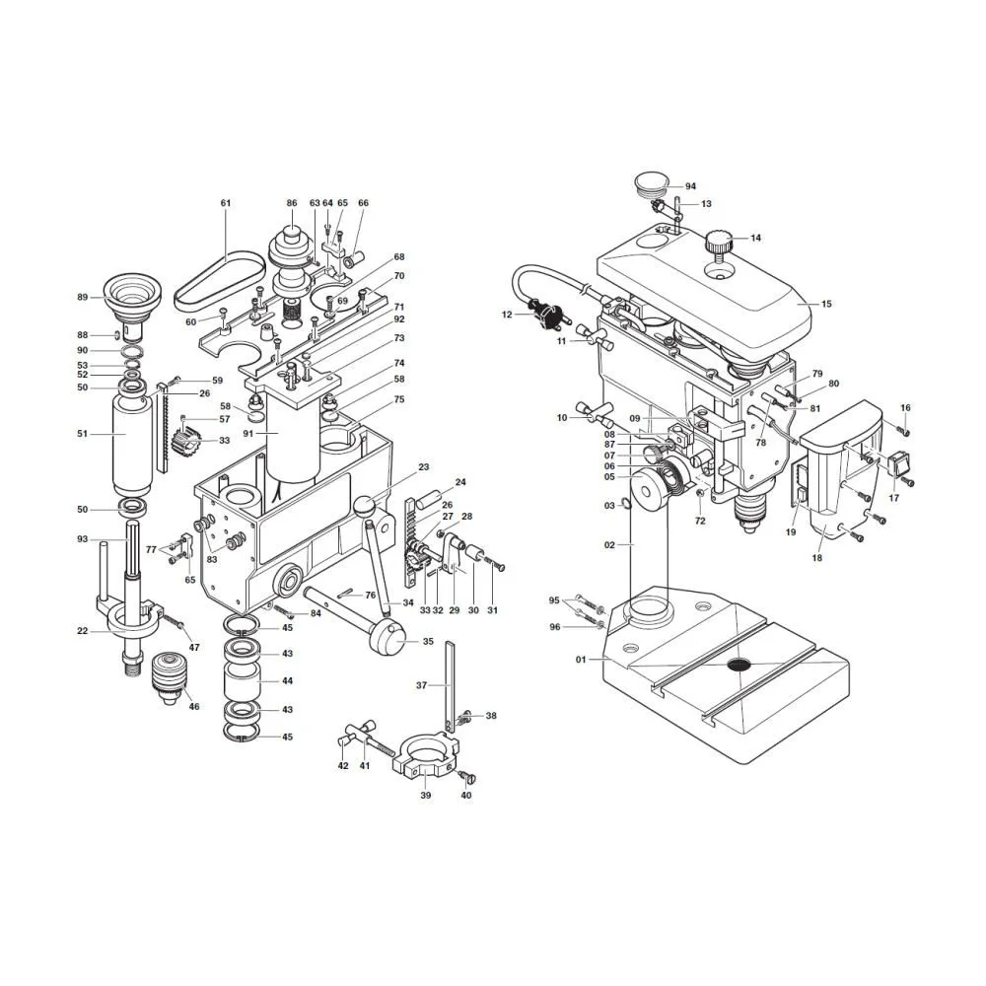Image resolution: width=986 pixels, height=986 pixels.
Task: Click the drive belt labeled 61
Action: [x=219, y=280]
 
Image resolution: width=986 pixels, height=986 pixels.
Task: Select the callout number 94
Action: [x=690, y=186]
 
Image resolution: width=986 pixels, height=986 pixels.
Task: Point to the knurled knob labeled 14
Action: [x=719, y=243]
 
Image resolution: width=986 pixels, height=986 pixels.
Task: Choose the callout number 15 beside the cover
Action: [x=826, y=304]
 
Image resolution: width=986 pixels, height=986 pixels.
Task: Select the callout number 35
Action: [x=428, y=642]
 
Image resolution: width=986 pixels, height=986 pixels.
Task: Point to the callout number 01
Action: [x=581, y=660]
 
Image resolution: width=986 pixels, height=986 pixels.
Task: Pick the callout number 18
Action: [x=816, y=558]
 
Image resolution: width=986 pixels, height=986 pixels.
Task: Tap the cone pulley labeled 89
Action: [x=132, y=301]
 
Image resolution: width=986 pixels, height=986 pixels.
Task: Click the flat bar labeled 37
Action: [x=450, y=687]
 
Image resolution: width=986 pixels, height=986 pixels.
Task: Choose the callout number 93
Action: [x=83, y=539]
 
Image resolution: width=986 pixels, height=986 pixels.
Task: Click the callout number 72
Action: [x=700, y=522]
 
